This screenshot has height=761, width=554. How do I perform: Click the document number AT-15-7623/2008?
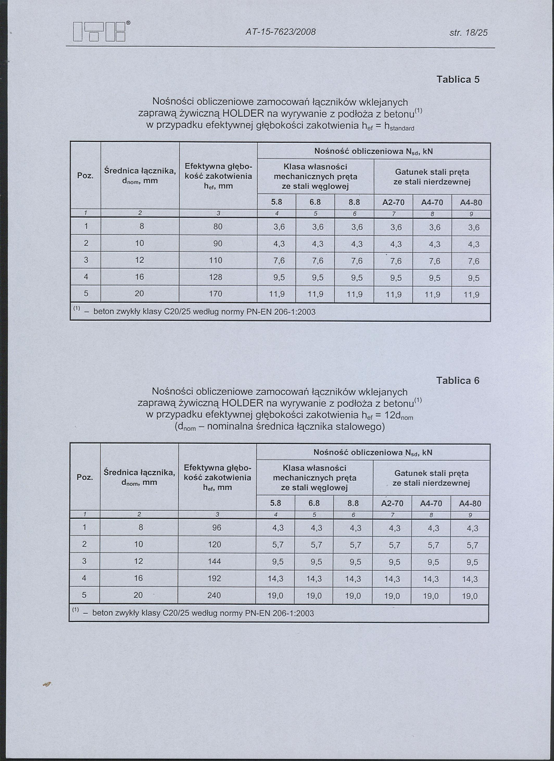(280, 32)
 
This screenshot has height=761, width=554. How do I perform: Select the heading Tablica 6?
(457, 380)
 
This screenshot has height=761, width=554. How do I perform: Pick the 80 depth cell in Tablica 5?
(218, 227)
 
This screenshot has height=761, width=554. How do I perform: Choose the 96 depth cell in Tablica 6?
(217, 528)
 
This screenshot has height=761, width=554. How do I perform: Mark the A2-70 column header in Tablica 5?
(393, 203)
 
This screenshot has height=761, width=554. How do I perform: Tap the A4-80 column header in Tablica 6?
(470, 504)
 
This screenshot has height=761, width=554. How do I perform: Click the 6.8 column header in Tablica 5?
(315, 203)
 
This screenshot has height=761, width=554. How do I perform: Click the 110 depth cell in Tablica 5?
(215, 260)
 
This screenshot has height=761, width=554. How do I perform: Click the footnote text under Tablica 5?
(204, 312)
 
